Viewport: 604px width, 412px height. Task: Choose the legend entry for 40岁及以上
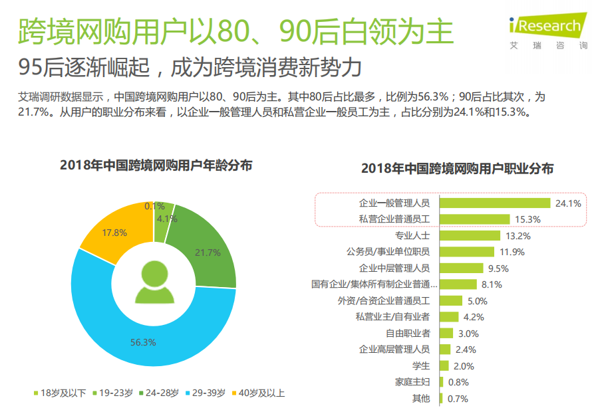tap(260, 393)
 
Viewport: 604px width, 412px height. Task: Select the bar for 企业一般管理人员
tap(494, 203)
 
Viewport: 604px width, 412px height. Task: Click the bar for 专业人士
tap(470, 235)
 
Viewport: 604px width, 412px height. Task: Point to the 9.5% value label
tap(498, 268)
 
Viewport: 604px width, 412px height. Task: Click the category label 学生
tap(421, 365)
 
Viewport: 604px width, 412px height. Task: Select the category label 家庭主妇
tap(412, 382)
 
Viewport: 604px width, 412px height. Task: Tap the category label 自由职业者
tap(408, 333)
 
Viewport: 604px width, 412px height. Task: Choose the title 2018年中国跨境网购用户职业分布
tap(457, 169)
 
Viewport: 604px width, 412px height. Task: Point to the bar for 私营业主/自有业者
tap(449, 317)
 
